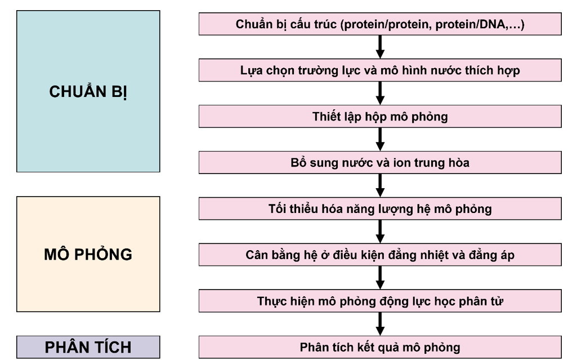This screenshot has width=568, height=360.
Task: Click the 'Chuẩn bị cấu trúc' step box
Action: pos(380,25)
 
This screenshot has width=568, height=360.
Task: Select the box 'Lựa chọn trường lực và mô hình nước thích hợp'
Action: pos(380,71)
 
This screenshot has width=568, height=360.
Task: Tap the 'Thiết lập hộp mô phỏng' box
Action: pos(380,117)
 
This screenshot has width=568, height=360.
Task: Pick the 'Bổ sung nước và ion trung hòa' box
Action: pos(380,163)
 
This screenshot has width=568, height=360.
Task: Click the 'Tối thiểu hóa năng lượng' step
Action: pos(380,209)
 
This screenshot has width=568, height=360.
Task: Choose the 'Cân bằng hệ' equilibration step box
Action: pos(380,255)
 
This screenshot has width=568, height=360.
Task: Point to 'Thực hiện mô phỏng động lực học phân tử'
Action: pos(380,301)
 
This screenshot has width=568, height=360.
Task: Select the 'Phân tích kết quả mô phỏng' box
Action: pos(380,347)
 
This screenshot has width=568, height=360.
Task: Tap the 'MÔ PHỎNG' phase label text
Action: pos(88,254)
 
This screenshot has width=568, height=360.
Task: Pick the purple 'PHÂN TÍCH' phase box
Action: pos(88,347)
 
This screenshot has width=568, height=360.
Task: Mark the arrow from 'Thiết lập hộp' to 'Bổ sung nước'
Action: pos(380,140)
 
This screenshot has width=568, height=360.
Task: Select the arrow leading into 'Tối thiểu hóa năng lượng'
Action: pos(380,186)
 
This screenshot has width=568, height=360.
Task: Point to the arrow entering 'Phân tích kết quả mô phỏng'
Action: pos(380,324)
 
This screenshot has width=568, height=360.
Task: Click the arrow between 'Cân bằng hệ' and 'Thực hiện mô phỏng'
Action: pos(380,278)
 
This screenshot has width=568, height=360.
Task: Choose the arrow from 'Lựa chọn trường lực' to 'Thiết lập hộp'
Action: pos(380,94)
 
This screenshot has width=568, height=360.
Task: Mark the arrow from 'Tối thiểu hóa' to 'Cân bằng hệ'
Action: pos(380,232)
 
